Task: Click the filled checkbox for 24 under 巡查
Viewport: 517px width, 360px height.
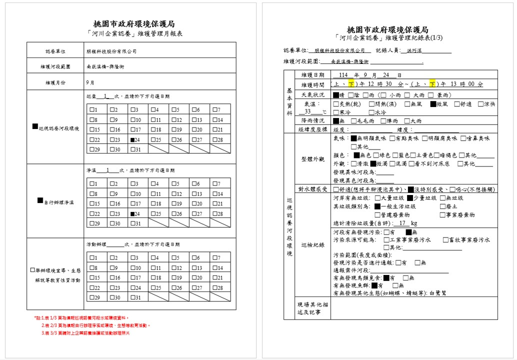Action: click(x=132, y=140)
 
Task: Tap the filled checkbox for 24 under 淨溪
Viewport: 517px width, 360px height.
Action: click(x=132, y=213)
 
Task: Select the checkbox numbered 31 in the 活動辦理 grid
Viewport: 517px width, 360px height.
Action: click(x=132, y=297)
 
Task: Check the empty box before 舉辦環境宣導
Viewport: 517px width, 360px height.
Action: click(x=33, y=270)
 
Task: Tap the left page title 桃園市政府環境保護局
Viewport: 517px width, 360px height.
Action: click(x=134, y=24)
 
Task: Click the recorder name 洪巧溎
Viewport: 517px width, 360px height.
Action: click(x=400, y=50)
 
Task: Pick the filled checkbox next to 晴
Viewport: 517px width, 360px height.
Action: click(x=336, y=94)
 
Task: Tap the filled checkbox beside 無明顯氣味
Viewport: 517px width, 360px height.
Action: click(x=353, y=138)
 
